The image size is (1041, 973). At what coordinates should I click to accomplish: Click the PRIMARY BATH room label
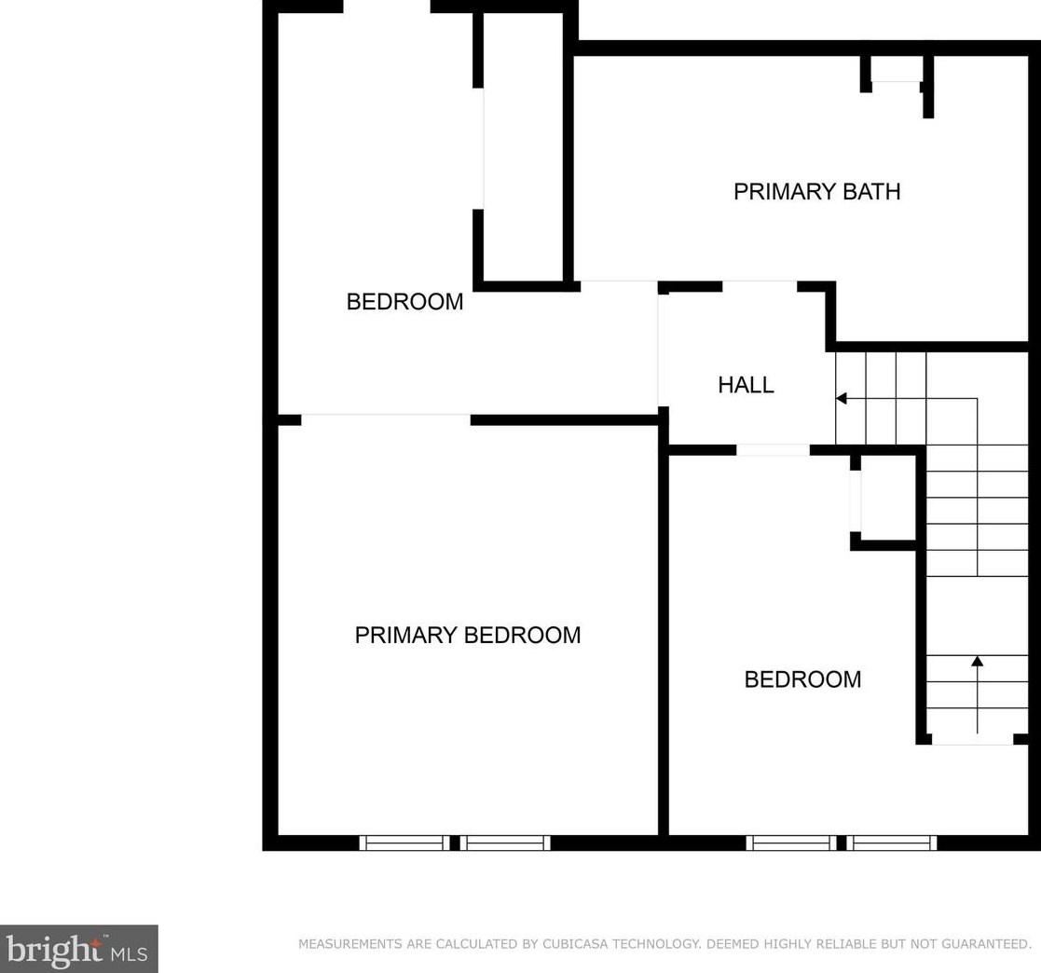(816, 191)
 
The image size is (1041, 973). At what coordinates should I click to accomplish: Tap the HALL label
(746, 384)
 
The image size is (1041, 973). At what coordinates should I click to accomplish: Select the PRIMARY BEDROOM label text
(467, 635)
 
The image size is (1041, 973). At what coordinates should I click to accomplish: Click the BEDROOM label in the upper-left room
(404, 301)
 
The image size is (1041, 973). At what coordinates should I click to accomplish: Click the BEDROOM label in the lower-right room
(802, 678)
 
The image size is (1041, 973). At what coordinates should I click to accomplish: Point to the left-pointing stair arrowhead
(841, 399)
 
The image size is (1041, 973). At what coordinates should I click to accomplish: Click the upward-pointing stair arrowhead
(977, 662)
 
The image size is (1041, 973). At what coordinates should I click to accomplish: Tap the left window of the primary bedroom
(404, 843)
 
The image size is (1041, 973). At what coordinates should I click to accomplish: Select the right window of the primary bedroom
(504, 843)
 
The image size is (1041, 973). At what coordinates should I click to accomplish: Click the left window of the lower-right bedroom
(790, 843)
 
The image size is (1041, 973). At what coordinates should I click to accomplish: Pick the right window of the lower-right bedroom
(892, 843)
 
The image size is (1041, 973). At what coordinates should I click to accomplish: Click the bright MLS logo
(78, 949)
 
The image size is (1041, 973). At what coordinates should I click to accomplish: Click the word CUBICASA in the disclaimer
(577, 944)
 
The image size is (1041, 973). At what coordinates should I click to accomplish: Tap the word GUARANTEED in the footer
(979, 944)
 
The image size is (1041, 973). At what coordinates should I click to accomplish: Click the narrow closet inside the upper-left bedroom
(523, 149)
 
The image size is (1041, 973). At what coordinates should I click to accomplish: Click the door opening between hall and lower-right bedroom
(773, 450)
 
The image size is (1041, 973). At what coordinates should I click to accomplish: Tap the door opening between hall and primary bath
(759, 286)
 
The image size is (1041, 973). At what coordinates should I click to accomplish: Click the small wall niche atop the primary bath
(896, 71)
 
